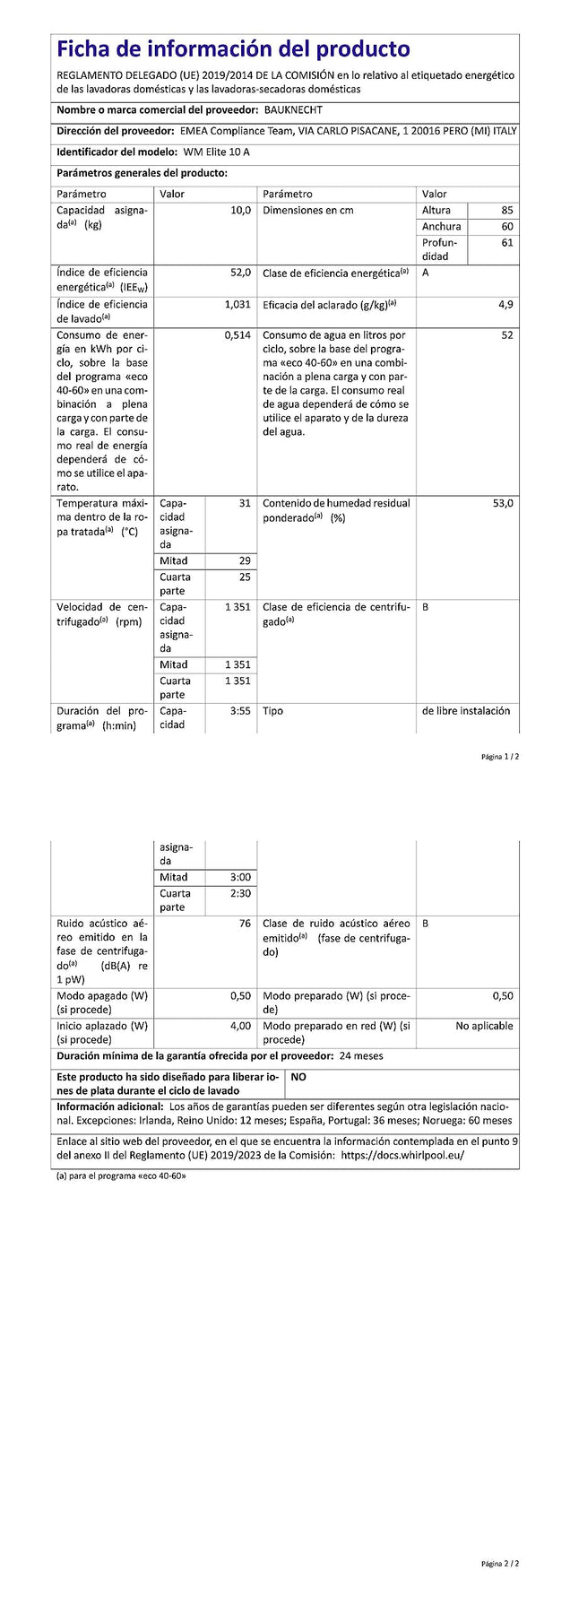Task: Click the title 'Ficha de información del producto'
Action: [x=233, y=49]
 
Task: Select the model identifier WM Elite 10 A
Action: [x=216, y=152]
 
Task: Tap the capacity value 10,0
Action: [x=240, y=210]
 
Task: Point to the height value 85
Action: [x=507, y=210]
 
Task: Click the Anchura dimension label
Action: [x=441, y=226]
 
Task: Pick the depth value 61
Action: [x=507, y=242]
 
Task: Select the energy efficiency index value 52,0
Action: [x=240, y=272]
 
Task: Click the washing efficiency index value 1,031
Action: [x=237, y=304]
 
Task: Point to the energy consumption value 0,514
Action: [x=237, y=335]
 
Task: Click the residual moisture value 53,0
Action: [x=503, y=503]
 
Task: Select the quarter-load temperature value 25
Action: [x=245, y=577]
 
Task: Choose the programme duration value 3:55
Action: [x=240, y=711]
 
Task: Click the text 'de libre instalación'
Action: [x=465, y=711]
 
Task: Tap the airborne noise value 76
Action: [x=245, y=923]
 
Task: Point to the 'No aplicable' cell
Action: [x=484, y=1025]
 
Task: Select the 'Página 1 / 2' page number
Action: [x=499, y=757]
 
